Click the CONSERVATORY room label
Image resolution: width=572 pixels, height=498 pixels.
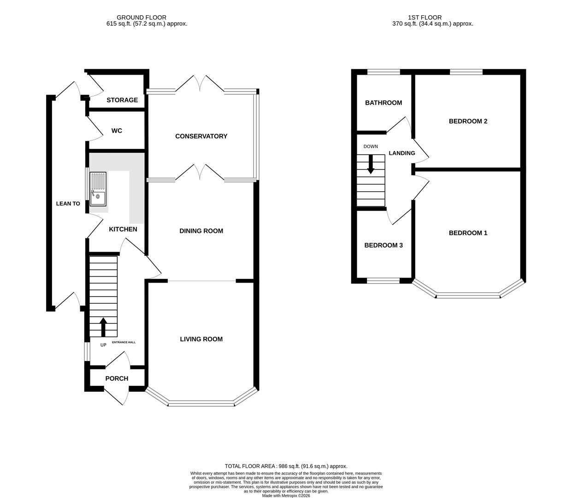tap(201, 136)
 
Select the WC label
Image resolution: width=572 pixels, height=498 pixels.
tap(117, 131)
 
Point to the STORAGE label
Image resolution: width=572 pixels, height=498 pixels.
tap(122, 100)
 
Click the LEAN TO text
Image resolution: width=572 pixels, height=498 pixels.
tap(68, 203)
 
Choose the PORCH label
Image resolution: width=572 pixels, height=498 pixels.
tap(117, 379)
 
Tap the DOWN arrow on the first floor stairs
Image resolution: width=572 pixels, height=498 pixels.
tap(371, 165)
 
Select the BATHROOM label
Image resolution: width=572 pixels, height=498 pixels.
tap(383, 103)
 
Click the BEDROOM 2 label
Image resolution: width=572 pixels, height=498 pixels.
tap(468, 121)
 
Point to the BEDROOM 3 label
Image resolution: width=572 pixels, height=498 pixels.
tap(383, 245)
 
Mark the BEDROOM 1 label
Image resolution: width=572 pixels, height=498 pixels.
tap(468, 233)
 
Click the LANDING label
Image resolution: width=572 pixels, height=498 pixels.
tap(402, 153)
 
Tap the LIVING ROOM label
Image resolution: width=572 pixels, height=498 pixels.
tap(201, 339)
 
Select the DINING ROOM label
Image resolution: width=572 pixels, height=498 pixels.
tap(201, 231)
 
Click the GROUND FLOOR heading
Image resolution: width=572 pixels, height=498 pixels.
tap(142, 18)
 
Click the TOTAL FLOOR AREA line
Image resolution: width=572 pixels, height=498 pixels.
tap(286, 466)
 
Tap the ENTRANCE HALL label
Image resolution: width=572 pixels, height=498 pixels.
tap(124, 343)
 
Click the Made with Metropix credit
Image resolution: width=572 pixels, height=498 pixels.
tap(286, 496)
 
